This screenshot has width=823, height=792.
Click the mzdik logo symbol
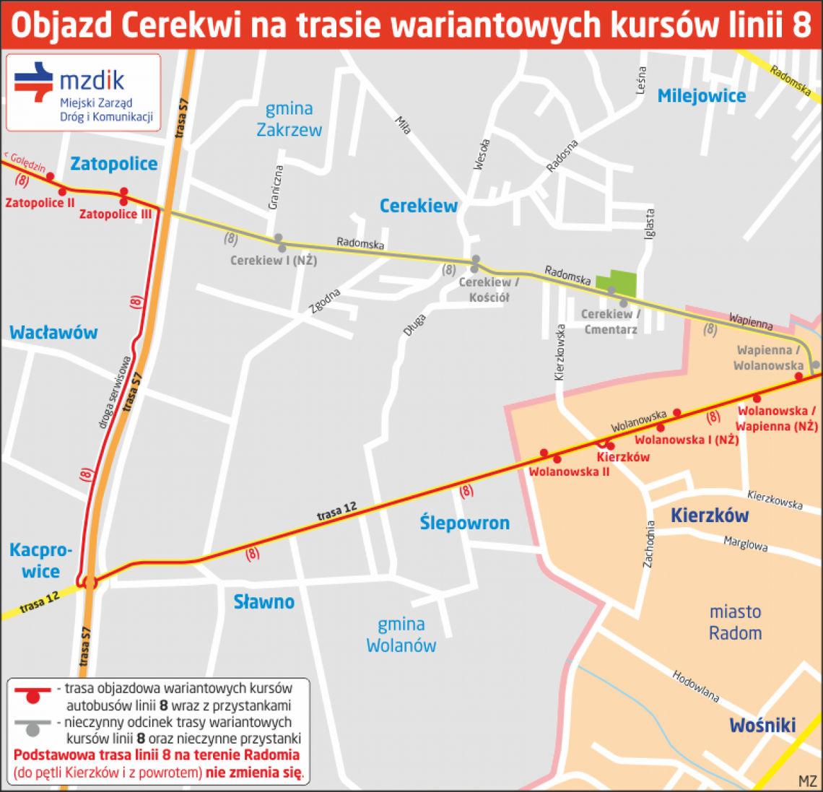tap(34, 81)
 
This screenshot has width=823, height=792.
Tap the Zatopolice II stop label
tap(40, 203)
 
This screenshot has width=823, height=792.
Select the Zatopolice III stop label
tap(116, 214)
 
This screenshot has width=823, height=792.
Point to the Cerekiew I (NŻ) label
tap(273, 261)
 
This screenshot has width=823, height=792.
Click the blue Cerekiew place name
tap(419, 206)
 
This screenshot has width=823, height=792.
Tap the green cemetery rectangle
tap(617, 282)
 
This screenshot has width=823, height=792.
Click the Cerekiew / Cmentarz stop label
tap(610, 322)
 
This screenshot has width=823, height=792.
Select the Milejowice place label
tap(701, 96)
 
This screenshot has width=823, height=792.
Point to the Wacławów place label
tap(53, 333)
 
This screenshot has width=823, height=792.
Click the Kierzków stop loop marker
tap(605, 444)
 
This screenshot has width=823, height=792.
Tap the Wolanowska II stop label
tap(569, 472)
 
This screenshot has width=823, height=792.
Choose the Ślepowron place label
tap(464, 523)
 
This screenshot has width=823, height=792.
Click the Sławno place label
tap(264, 602)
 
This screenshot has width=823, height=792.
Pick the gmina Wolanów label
tap(401, 635)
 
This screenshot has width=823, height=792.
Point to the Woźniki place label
tap(762, 726)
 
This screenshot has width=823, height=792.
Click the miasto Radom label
tap(735, 622)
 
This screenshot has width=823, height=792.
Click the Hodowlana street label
tap(695, 686)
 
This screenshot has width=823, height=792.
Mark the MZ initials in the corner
tap(807, 781)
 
